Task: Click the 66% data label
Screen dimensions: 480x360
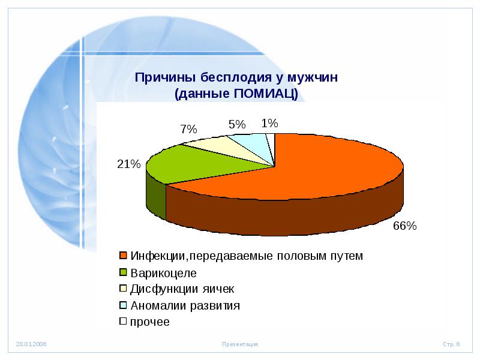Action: [404, 226]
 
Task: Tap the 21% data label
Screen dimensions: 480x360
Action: [128, 164]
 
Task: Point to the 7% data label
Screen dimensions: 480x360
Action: [188, 129]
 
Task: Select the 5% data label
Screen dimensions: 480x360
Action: [237, 124]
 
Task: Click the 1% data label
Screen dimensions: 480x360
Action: [269, 123]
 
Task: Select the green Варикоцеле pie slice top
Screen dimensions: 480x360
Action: [196, 164]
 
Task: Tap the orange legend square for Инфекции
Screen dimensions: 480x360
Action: [123, 256]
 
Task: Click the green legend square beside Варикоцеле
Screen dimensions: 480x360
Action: [123, 272]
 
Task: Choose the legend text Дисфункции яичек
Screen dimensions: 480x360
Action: [182, 289]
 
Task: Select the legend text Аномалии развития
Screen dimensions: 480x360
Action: [185, 305]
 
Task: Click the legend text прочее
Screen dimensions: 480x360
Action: [149, 322]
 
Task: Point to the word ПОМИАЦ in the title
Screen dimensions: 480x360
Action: [262, 94]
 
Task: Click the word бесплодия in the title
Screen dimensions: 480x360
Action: [236, 77]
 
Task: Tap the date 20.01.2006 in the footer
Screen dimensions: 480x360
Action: [31, 344]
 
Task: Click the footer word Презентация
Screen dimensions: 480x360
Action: [240, 344]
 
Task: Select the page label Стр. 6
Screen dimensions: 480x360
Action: [451, 344]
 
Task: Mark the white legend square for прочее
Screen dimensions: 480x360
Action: [123, 321]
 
